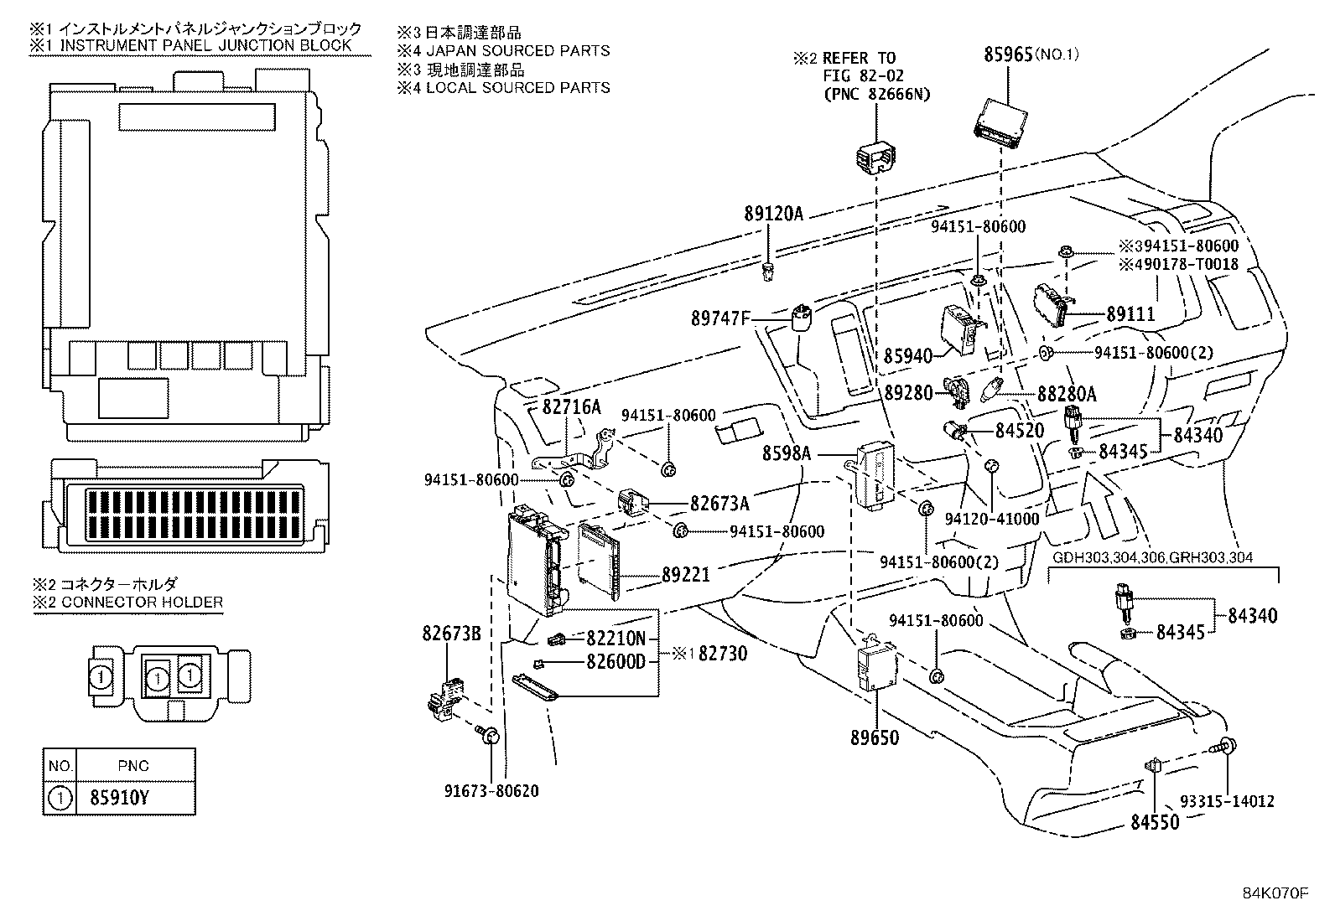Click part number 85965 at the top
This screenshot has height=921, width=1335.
(x=1007, y=54)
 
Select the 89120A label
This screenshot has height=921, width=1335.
(x=772, y=214)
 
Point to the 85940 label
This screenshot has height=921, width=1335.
(x=907, y=356)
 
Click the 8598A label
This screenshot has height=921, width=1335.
(x=787, y=453)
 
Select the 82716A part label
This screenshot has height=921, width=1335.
(x=571, y=407)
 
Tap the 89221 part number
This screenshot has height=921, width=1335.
(x=685, y=575)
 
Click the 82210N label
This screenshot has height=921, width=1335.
(x=616, y=638)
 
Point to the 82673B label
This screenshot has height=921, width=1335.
(x=451, y=634)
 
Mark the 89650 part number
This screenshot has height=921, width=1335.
(x=874, y=737)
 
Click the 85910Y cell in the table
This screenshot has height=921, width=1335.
(x=119, y=798)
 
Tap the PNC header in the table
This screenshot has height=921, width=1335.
(x=133, y=765)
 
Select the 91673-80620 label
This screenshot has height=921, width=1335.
(x=492, y=790)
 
